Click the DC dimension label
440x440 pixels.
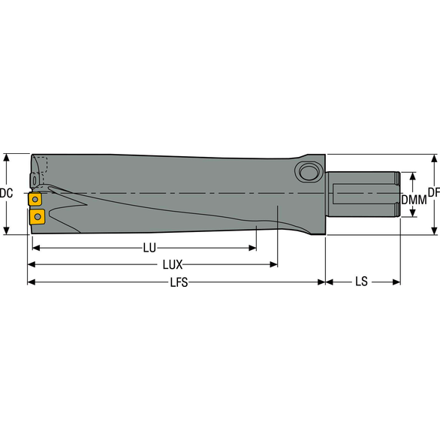tap(6, 194)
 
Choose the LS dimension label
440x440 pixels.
tap(362, 282)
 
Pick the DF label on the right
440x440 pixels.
tap(433, 193)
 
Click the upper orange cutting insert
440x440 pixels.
tap(35, 200)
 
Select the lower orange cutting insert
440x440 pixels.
tap(37, 217)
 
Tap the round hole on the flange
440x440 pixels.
tap(307, 172)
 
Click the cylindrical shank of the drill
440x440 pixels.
tap(360, 194)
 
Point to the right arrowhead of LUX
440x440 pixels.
tap(274, 265)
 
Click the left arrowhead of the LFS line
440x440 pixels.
tap(31, 282)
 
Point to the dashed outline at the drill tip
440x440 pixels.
tap(41, 167)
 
